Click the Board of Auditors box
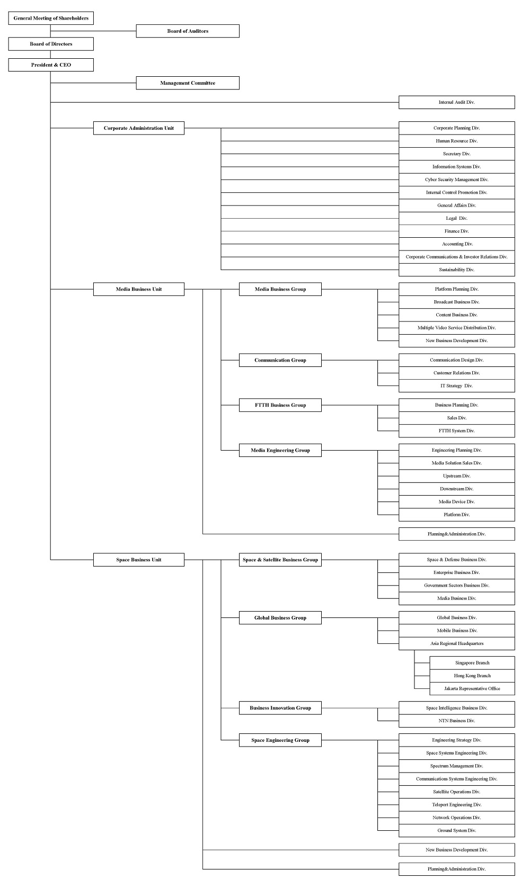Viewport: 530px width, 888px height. (188, 31)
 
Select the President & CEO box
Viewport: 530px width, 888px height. (51, 65)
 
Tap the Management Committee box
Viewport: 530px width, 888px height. (188, 83)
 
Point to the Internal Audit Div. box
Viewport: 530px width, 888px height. (457, 102)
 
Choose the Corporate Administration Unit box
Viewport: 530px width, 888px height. (139, 128)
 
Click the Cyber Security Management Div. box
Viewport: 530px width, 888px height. (457, 180)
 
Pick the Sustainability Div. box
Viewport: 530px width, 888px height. (457, 270)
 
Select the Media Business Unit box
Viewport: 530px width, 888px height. (139, 289)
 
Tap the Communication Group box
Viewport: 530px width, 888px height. (280, 360)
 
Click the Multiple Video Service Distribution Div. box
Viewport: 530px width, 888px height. (457, 328)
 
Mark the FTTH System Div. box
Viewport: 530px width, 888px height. (457, 431)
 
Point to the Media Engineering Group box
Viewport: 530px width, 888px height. (280, 450)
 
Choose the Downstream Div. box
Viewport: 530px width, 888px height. (457, 489)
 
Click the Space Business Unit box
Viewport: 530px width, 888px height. (139, 560)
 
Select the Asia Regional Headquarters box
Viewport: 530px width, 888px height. (457, 643)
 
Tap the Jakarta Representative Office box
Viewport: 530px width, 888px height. (472, 688)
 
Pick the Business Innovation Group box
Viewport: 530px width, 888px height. (280, 708)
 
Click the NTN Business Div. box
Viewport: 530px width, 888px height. (457, 721)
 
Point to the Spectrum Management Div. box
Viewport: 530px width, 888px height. (457, 766)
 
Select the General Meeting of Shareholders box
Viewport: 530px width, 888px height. (51, 18)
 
